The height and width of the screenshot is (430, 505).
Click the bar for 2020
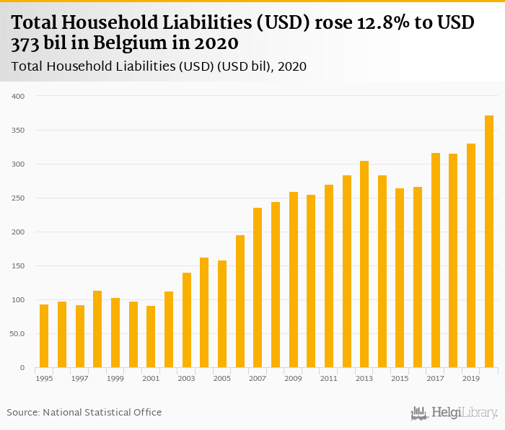489,242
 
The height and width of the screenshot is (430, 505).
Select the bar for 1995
44,336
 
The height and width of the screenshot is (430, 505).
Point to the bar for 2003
187,320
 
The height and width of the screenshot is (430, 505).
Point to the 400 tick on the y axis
19,96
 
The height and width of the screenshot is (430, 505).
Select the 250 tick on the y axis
19,198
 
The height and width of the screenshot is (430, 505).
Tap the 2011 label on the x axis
329,378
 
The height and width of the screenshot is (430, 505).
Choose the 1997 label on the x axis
79,378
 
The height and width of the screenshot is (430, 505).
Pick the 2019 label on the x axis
471,378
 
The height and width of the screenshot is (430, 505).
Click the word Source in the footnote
22,413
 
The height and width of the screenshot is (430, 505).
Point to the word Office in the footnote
147,413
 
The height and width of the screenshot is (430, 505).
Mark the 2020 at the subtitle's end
293,66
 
